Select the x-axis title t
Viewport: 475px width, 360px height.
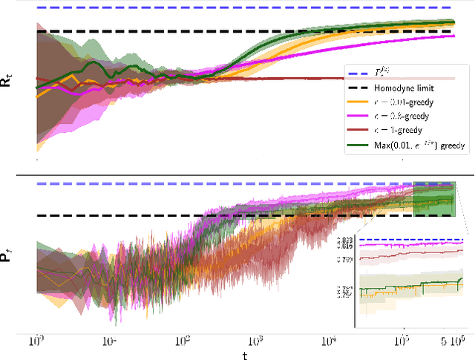point(244,354)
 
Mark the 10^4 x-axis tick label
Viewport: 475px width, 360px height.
point(327,341)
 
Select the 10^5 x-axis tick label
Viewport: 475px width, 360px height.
point(400,341)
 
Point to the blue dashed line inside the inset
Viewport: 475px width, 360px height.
point(408,240)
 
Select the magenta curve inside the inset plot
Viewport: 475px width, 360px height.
point(408,243)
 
